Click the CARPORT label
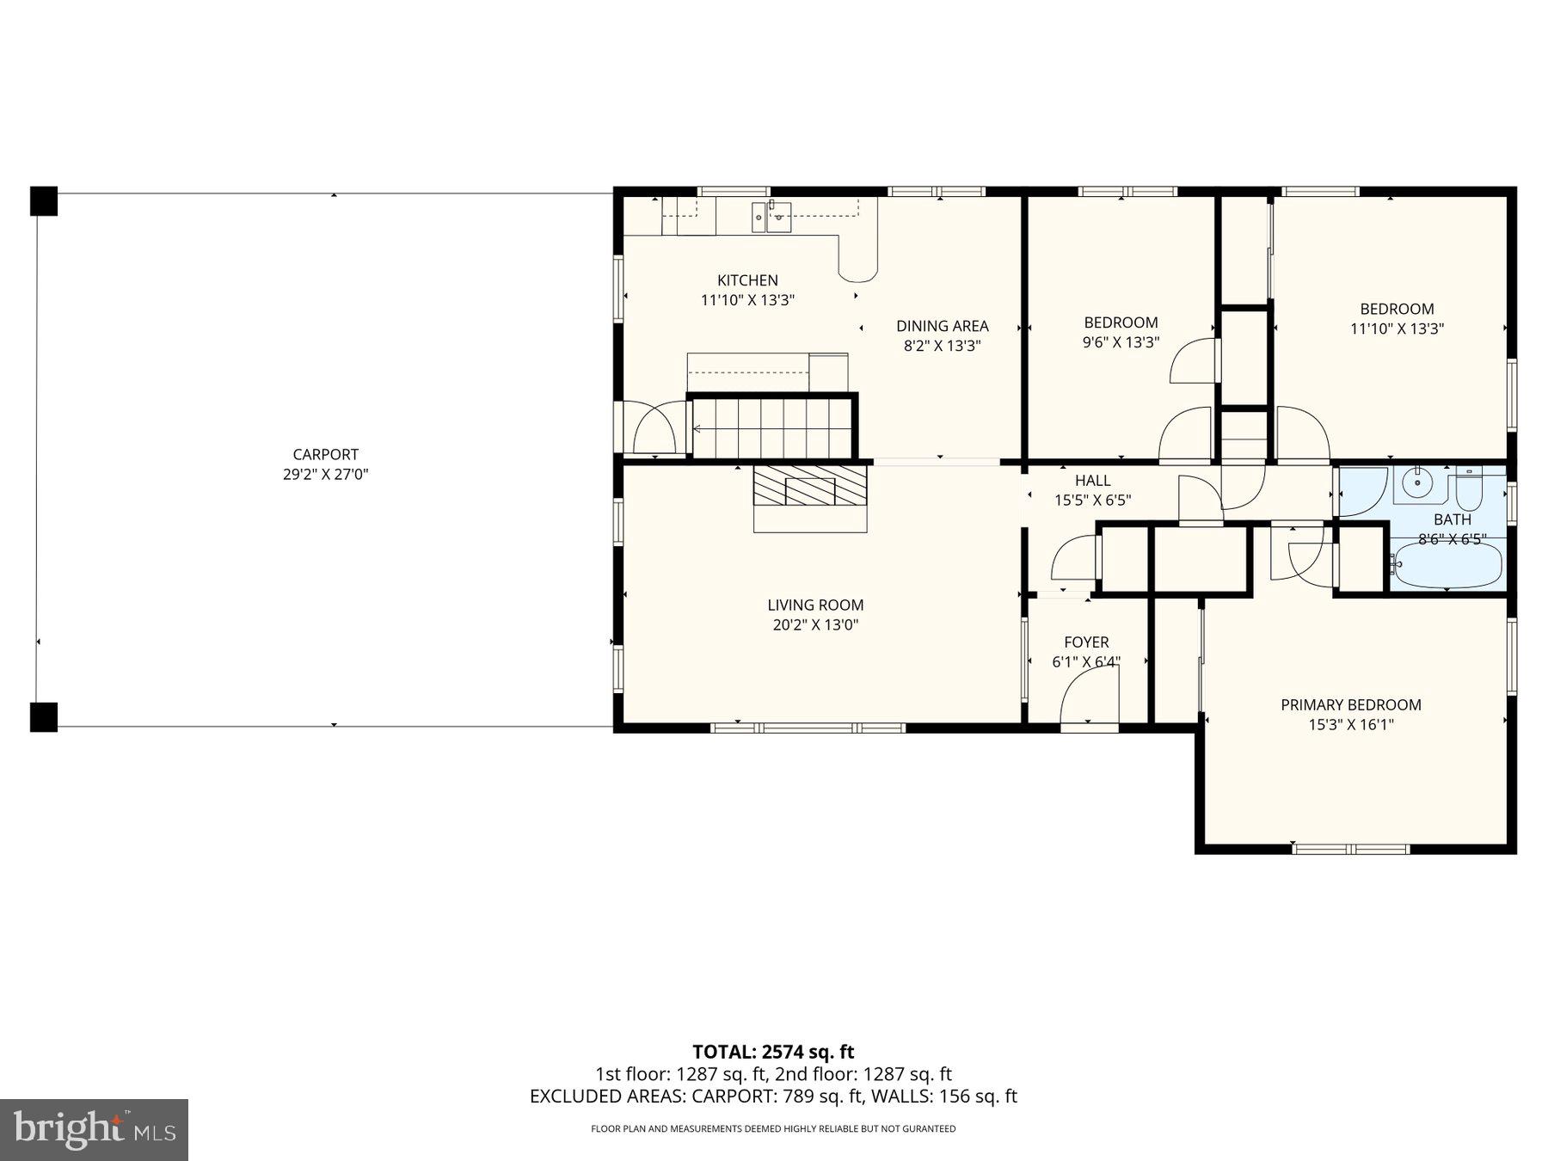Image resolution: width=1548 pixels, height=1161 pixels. click(325, 454)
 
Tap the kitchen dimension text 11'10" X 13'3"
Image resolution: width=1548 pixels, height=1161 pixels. click(747, 300)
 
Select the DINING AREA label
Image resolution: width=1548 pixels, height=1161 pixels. click(942, 326)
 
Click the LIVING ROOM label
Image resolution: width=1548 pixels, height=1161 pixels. click(815, 605)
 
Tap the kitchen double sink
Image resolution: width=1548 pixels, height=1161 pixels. click(771, 218)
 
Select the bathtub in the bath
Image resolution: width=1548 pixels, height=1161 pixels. click(1447, 565)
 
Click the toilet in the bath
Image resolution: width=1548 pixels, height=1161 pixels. click(1468, 488)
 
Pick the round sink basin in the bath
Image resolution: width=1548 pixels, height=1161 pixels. click(1416, 485)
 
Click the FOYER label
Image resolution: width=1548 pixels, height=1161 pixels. click(1086, 642)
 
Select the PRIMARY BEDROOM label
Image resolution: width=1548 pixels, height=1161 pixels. click(1350, 704)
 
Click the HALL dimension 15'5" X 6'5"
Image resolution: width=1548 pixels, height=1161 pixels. click(1092, 501)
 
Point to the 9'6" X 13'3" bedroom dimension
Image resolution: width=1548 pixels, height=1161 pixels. click(1121, 342)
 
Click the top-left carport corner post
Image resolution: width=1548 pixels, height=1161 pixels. click(44, 201)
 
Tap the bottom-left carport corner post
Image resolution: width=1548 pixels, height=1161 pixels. click(44, 716)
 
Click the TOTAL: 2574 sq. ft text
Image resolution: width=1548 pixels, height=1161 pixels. click(773, 1052)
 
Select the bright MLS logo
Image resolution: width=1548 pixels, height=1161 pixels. click(94, 1129)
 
